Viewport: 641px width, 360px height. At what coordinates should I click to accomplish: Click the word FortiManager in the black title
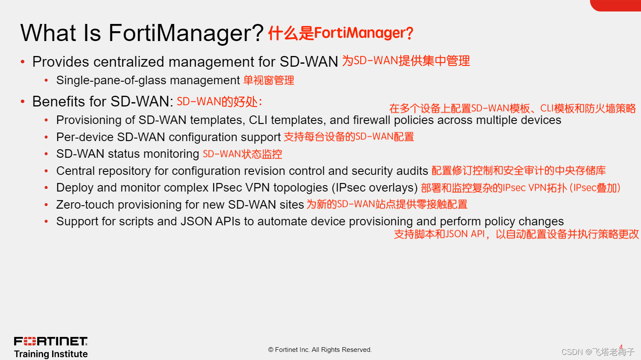[x=186, y=33]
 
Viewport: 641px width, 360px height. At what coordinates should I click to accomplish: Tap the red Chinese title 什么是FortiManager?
[x=341, y=33]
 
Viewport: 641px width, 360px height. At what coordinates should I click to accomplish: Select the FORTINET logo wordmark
[x=50, y=341]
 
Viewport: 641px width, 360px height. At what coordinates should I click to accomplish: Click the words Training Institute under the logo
[x=50, y=354]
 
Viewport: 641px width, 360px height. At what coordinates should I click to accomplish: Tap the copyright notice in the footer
[x=320, y=350]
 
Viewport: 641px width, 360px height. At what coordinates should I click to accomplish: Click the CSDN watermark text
[x=597, y=352]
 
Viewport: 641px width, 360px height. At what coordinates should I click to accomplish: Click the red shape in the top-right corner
[x=616, y=5]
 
